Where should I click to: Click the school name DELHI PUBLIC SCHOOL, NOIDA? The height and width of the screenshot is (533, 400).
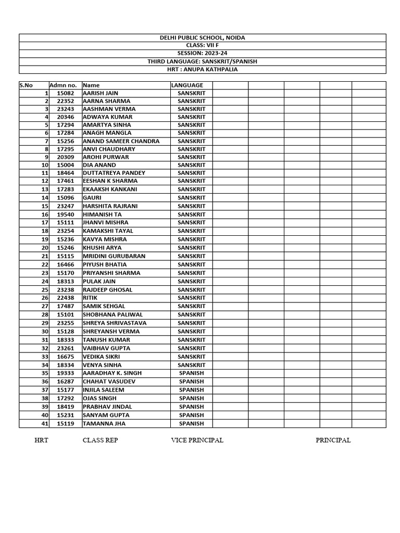coord(202,37)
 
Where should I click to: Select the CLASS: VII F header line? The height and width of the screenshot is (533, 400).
coord(202,45)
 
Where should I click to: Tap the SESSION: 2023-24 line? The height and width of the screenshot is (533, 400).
coord(202,53)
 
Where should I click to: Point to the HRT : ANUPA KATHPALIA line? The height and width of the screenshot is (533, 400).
coord(202,69)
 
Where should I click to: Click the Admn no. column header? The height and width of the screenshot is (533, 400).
coord(63,85)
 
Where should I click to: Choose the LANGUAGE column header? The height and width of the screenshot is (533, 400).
coord(187,85)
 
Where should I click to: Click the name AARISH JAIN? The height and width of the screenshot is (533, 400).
coord(101,93)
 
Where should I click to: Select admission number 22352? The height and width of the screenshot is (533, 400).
coord(65,101)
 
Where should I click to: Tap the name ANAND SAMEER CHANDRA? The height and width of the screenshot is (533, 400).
coord(121,141)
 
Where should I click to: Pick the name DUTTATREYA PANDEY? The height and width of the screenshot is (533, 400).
coord(114,173)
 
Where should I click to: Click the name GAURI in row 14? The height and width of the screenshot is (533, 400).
coord(92,198)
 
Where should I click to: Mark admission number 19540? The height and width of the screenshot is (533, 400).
coord(65,214)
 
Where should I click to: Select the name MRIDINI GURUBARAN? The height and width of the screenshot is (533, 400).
coord(114,256)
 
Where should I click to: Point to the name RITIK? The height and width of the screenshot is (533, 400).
coord(90,298)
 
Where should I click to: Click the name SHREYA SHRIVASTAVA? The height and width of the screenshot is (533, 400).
coord(115,323)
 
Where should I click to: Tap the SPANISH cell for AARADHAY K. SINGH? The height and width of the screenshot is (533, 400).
coord(191,373)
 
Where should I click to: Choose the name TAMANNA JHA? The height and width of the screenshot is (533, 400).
coord(104,424)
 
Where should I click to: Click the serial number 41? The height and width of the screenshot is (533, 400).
coord(45,424)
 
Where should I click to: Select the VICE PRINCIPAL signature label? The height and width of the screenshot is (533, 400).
coord(197,440)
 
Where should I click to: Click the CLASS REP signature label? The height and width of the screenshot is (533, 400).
coord(100,440)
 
